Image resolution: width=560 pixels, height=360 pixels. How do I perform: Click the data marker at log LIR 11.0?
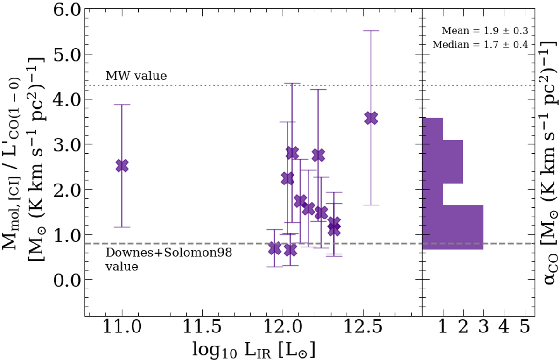[x=122, y=165]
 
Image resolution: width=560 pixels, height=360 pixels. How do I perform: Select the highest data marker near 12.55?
[x=371, y=118]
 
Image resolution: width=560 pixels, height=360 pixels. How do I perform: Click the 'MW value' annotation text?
[x=136, y=76]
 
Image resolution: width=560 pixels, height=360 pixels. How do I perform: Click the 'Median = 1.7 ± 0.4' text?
[x=481, y=45]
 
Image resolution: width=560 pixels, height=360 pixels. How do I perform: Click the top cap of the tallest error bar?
[x=371, y=31]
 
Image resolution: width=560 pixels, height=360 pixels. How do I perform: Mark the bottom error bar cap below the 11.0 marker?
[x=122, y=227]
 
